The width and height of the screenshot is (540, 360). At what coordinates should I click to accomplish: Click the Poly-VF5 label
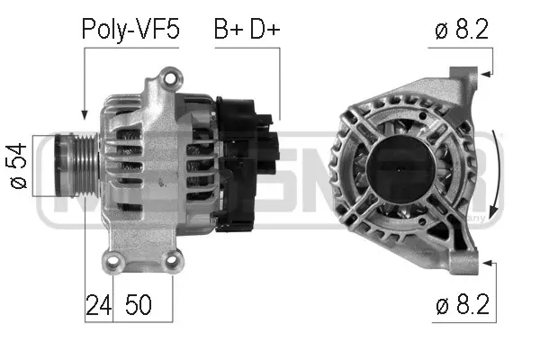[x=130, y=29]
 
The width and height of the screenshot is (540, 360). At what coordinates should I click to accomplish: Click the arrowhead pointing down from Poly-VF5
[x=84, y=114]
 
